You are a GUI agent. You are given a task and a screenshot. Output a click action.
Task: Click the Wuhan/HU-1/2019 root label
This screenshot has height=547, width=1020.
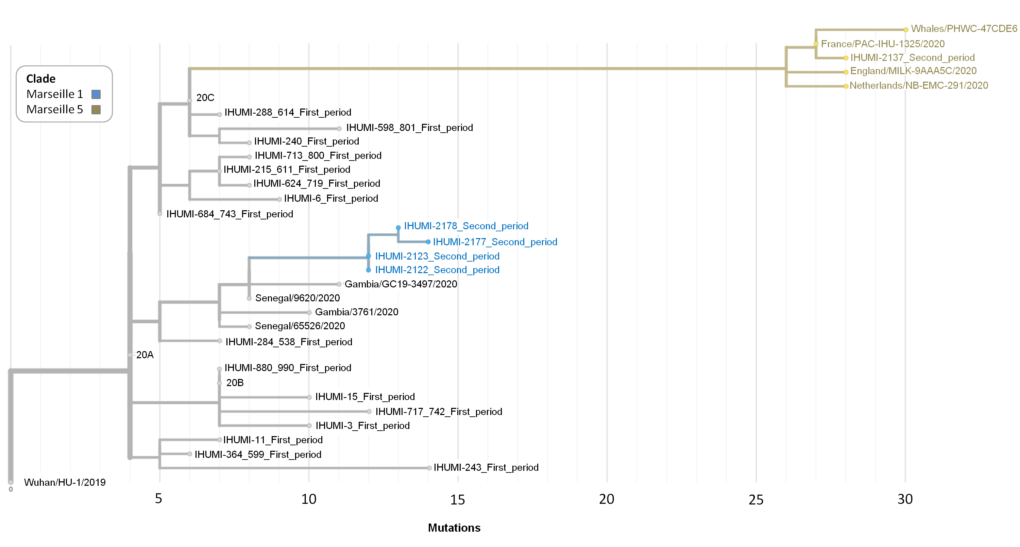[65, 482]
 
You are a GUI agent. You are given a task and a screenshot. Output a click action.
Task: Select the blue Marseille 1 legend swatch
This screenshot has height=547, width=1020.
[96, 94]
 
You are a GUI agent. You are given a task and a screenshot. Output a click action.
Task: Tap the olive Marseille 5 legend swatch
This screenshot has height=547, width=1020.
[96, 109]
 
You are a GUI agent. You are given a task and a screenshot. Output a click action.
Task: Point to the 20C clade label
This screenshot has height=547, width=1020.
[205, 97]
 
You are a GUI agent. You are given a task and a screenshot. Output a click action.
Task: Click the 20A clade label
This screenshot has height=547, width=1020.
[144, 354]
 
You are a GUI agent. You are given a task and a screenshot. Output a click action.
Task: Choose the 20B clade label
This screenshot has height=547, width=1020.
[235, 383]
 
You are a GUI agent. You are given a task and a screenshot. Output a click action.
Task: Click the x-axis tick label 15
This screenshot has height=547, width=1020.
[457, 499]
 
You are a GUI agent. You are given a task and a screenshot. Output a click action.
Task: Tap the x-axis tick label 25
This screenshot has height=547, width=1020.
[755, 499]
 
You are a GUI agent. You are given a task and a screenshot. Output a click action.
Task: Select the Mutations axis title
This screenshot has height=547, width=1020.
[454, 528]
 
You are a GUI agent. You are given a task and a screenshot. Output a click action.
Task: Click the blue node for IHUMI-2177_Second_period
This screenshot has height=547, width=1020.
[428, 242]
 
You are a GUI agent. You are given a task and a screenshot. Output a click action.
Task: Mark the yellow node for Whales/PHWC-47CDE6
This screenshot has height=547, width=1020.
[905, 30]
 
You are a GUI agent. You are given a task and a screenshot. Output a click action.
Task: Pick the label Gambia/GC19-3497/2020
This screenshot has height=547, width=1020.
[401, 284]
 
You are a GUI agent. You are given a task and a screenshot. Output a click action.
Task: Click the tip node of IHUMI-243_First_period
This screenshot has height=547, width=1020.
[429, 468]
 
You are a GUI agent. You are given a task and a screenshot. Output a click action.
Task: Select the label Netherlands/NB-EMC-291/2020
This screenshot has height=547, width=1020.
[919, 86]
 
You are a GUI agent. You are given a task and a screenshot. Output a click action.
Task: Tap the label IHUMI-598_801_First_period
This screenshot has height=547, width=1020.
[409, 128]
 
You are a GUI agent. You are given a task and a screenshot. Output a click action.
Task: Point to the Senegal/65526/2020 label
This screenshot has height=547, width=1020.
[300, 326]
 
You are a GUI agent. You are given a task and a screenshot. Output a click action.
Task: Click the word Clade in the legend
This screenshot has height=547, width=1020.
[41, 79]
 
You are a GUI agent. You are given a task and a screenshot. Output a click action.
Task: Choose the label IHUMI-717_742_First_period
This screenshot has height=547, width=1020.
[438, 412]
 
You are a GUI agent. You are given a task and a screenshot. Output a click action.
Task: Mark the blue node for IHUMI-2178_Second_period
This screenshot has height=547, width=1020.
[398, 228]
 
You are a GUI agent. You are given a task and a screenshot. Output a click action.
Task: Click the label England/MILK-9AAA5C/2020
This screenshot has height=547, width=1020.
[913, 71]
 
